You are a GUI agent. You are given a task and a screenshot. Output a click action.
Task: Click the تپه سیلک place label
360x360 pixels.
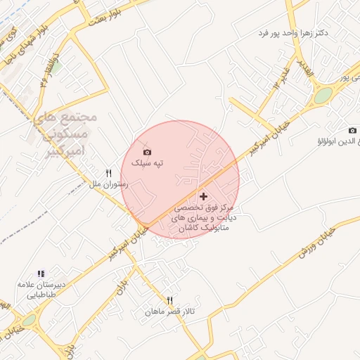point(148,163)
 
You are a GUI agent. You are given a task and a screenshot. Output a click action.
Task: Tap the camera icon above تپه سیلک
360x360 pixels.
point(147,152)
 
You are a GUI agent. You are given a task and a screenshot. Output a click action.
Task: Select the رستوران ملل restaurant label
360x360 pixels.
point(108,184)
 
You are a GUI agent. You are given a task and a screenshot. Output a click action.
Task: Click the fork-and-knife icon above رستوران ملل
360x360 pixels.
point(109,173)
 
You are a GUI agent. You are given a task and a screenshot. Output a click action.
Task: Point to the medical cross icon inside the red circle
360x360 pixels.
point(204,196)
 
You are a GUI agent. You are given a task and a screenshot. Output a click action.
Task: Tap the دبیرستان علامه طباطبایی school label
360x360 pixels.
point(40,290)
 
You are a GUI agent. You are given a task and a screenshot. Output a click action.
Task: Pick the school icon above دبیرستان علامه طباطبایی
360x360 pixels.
point(41,274)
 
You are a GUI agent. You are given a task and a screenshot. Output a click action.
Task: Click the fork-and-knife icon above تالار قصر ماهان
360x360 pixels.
point(169,300)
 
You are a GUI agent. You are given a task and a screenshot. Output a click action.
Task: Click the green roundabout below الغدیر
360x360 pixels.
point(323,96)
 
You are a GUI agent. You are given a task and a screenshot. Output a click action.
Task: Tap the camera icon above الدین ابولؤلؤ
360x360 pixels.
point(352,130)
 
